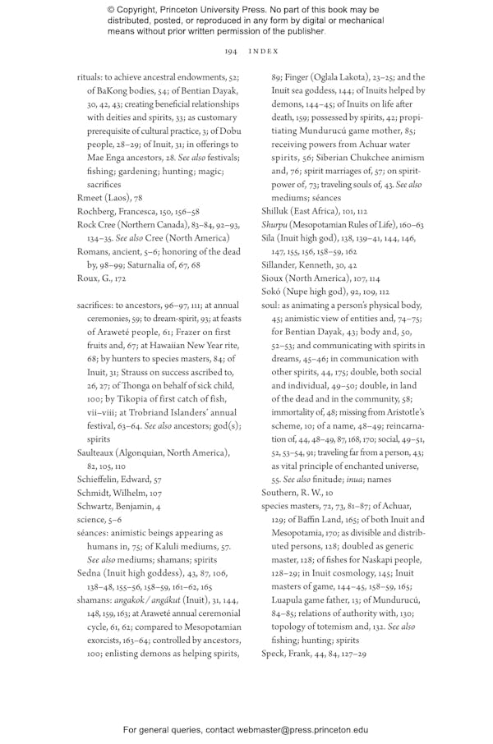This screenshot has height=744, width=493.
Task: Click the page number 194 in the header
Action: pos(230,51)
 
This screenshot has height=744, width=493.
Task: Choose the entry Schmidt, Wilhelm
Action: pos(115,493)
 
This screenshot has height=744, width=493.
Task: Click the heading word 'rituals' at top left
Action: pos(92,77)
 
